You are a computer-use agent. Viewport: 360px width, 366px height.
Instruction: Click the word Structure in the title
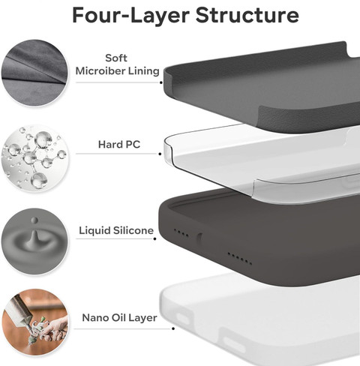tap(247, 15)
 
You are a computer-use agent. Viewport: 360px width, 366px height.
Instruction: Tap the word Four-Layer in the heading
tap(130, 15)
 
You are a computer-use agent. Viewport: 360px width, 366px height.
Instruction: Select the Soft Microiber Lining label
tap(117, 64)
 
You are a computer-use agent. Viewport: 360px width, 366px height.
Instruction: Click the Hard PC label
tap(119, 145)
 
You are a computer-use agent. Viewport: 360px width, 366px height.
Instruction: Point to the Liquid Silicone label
tap(116, 230)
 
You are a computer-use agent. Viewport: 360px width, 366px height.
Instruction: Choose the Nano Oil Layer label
tap(119, 318)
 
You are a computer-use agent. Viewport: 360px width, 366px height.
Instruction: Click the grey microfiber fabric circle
tap(34, 73)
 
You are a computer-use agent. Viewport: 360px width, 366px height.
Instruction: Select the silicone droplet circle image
tap(34, 241)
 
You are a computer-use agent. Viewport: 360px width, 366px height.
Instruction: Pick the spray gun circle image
tap(35, 322)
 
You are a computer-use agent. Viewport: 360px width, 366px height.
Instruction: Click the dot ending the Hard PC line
tap(160, 154)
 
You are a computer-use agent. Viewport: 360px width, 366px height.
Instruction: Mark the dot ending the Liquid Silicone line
tap(155, 238)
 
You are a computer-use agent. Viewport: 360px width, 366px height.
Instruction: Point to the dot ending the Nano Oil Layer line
tap(173, 328)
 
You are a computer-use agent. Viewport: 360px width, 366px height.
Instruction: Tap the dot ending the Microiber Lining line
tap(161, 82)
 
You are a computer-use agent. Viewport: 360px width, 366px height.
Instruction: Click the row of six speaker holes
tap(239, 259)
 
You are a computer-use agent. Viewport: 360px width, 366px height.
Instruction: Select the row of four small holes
tap(181, 232)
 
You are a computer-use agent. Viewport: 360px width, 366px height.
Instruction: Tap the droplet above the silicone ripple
tap(34, 220)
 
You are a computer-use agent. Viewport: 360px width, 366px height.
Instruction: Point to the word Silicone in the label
tap(133, 230)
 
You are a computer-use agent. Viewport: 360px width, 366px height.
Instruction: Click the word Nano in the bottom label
tap(95, 318)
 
